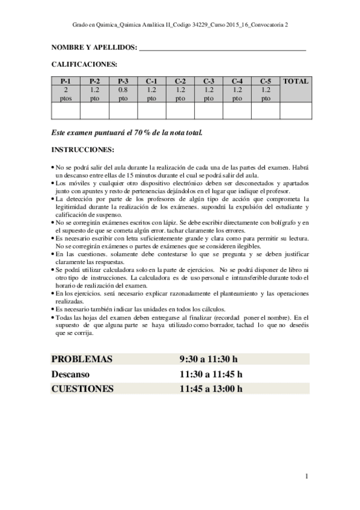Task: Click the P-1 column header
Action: [x=66, y=81]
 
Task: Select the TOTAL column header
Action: [x=295, y=81]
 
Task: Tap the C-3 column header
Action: [x=209, y=81]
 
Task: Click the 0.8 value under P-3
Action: [x=123, y=89]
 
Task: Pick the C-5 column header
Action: [x=266, y=81]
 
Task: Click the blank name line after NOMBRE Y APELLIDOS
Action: [x=222, y=48]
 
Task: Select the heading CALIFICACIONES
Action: [x=84, y=63]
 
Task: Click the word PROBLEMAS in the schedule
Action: [x=82, y=359]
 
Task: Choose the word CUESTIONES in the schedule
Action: [x=82, y=389]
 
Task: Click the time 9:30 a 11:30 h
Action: [x=209, y=359]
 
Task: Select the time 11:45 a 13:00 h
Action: [x=211, y=389]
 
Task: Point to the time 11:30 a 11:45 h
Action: [x=211, y=374]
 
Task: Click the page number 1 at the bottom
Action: [x=307, y=476]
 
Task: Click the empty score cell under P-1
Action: [x=66, y=111]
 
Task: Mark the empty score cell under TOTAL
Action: [x=295, y=111]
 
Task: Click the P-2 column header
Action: [x=94, y=81]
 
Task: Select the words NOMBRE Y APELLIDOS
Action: [x=94, y=48]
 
